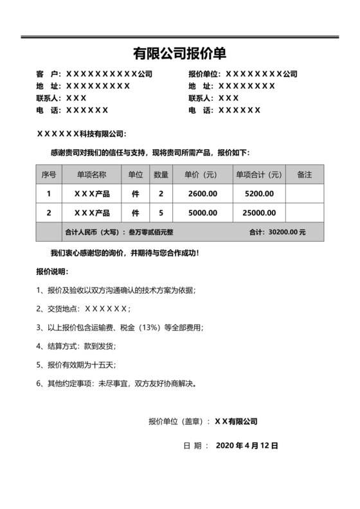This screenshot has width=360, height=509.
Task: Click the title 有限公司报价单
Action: [x=179, y=53]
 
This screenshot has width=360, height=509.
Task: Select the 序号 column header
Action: [x=49, y=175]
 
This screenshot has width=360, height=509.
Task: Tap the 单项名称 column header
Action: [x=91, y=175]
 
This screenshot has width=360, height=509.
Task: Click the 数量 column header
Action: [x=161, y=175]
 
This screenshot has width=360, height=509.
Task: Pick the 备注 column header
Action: [x=304, y=175]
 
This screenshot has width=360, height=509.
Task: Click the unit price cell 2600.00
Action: [x=203, y=193]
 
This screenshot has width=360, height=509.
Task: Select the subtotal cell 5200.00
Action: [x=259, y=193]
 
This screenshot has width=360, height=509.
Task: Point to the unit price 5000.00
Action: [x=203, y=212]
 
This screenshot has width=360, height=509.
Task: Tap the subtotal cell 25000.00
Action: [x=259, y=212]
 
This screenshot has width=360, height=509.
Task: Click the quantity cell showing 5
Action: [x=161, y=212]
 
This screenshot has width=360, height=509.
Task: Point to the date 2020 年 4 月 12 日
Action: [x=247, y=445]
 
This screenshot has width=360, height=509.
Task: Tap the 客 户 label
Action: [x=48, y=74]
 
